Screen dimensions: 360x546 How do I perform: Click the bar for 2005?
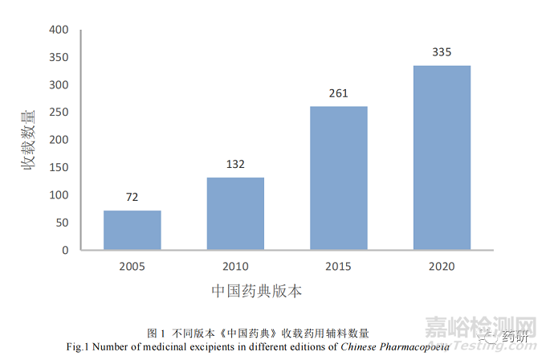(x=132, y=230)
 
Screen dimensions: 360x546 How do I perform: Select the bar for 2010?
(x=235, y=214)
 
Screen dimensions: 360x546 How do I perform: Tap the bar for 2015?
(x=339, y=178)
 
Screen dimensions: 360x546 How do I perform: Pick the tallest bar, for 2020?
(x=442, y=157)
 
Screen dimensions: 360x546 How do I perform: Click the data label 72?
(x=132, y=197)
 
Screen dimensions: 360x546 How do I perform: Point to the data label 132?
(x=235, y=164)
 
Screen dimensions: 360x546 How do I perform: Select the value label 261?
(x=339, y=93)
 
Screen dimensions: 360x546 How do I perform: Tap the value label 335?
(x=442, y=52)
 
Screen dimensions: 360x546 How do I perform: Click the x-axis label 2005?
(x=132, y=266)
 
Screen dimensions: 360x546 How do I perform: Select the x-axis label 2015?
(x=339, y=266)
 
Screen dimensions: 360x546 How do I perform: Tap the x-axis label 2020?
(x=442, y=266)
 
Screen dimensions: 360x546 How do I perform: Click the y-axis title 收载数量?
(x=29, y=140)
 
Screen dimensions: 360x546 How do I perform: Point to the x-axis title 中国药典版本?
(x=257, y=291)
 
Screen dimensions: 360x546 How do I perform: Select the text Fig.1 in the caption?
(x=82, y=346)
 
